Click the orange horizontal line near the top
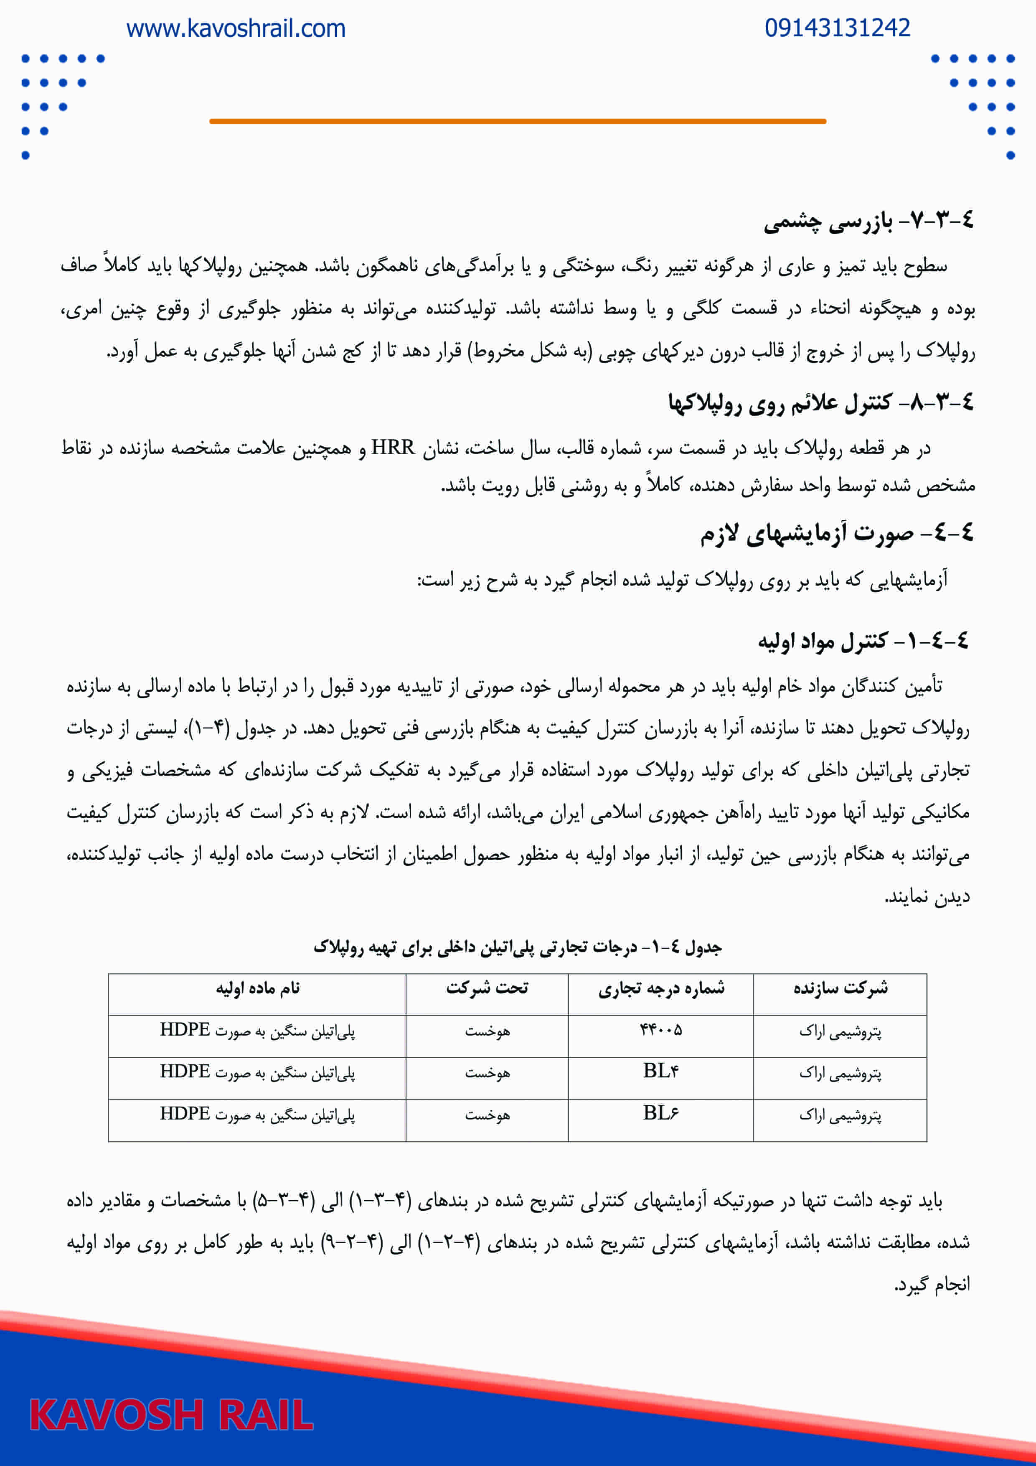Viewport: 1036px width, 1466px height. point(517,121)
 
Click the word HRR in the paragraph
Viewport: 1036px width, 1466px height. point(393,448)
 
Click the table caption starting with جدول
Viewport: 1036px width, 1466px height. point(517,947)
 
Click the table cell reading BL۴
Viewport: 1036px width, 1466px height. point(661,1072)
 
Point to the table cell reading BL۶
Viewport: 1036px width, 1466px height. point(661,1114)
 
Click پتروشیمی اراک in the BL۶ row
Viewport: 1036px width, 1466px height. point(840,1115)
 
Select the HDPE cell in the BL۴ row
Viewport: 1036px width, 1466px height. point(257,1072)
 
